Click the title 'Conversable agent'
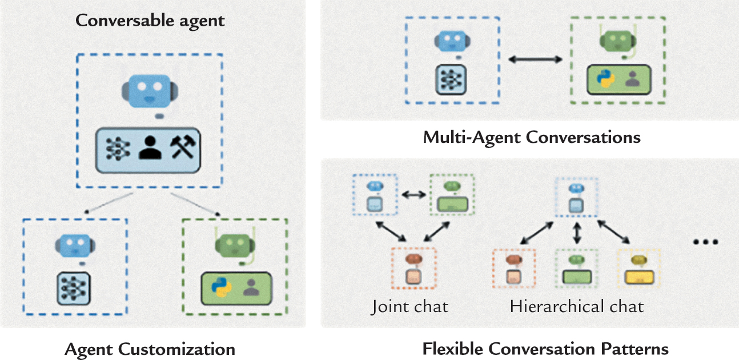click(150, 21)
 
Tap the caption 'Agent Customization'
click(150, 349)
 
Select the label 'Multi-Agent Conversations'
click(532, 138)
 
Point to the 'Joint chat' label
click(409, 306)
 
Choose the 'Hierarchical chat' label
click(577, 306)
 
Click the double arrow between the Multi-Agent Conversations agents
click(536, 59)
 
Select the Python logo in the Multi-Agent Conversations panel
click(601, 79)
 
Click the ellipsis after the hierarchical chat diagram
click(704, 242)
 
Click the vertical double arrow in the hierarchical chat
click(577, 233)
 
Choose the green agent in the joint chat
click(452, 195)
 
